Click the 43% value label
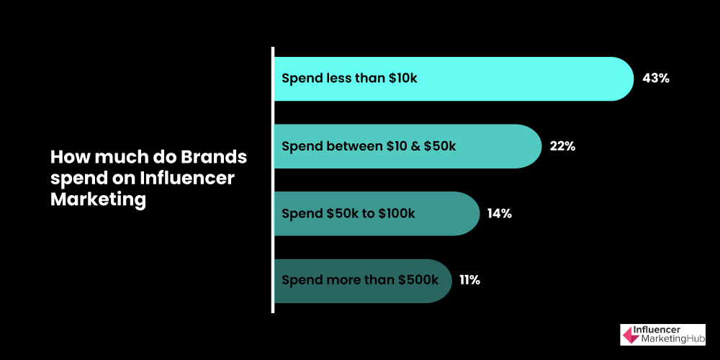coord(656,78)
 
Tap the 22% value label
coord(562,146)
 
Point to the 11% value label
coord(469,280)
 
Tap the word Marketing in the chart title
coord(99,199)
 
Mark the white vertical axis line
coord(273,180)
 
